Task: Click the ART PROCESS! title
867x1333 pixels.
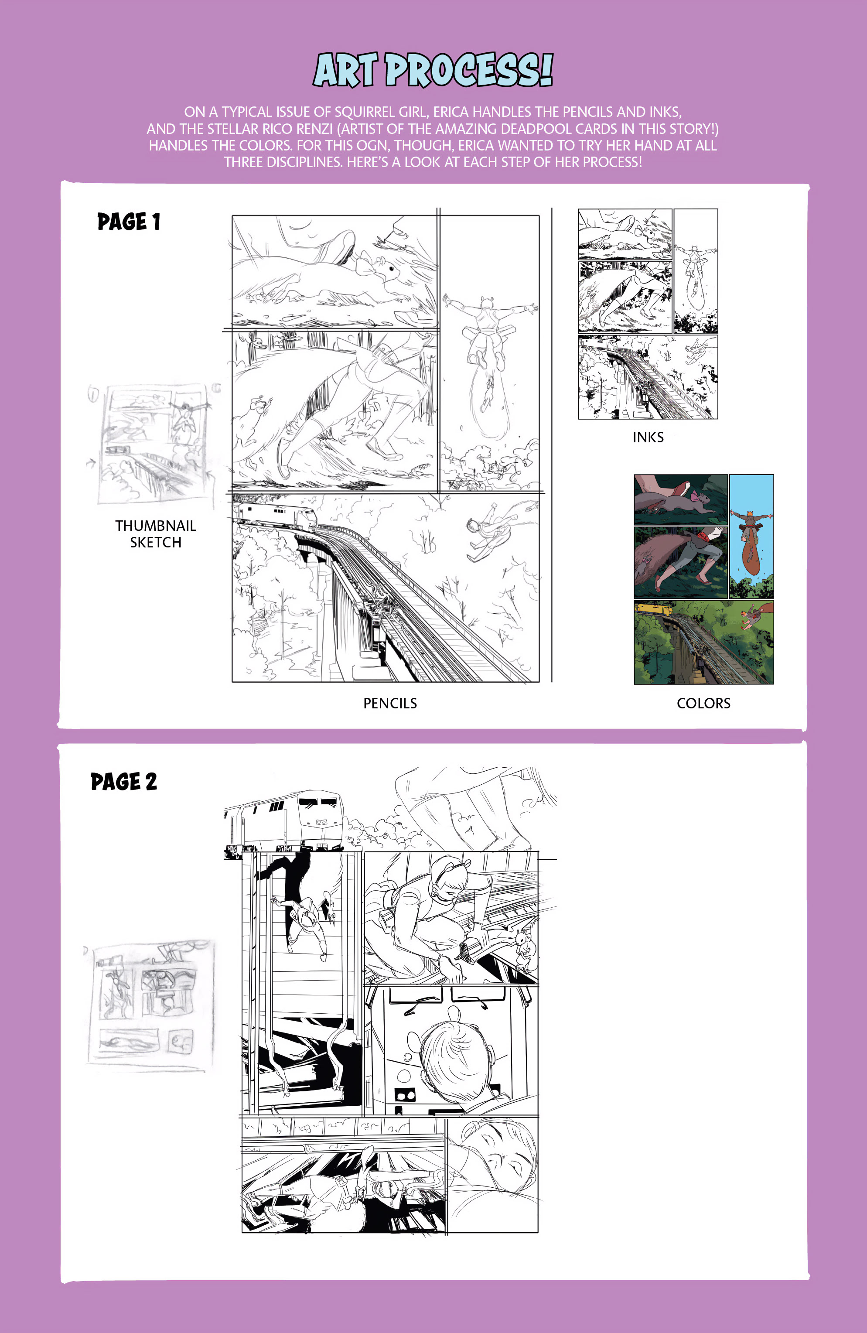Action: (433, 70)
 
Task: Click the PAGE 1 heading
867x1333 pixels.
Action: (129, 222)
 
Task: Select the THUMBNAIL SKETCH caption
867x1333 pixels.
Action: (156, 534)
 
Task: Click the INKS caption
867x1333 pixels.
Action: (648, 437)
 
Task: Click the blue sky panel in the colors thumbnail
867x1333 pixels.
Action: (751, 536)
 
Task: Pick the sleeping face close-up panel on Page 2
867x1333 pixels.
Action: (492, 1176)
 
